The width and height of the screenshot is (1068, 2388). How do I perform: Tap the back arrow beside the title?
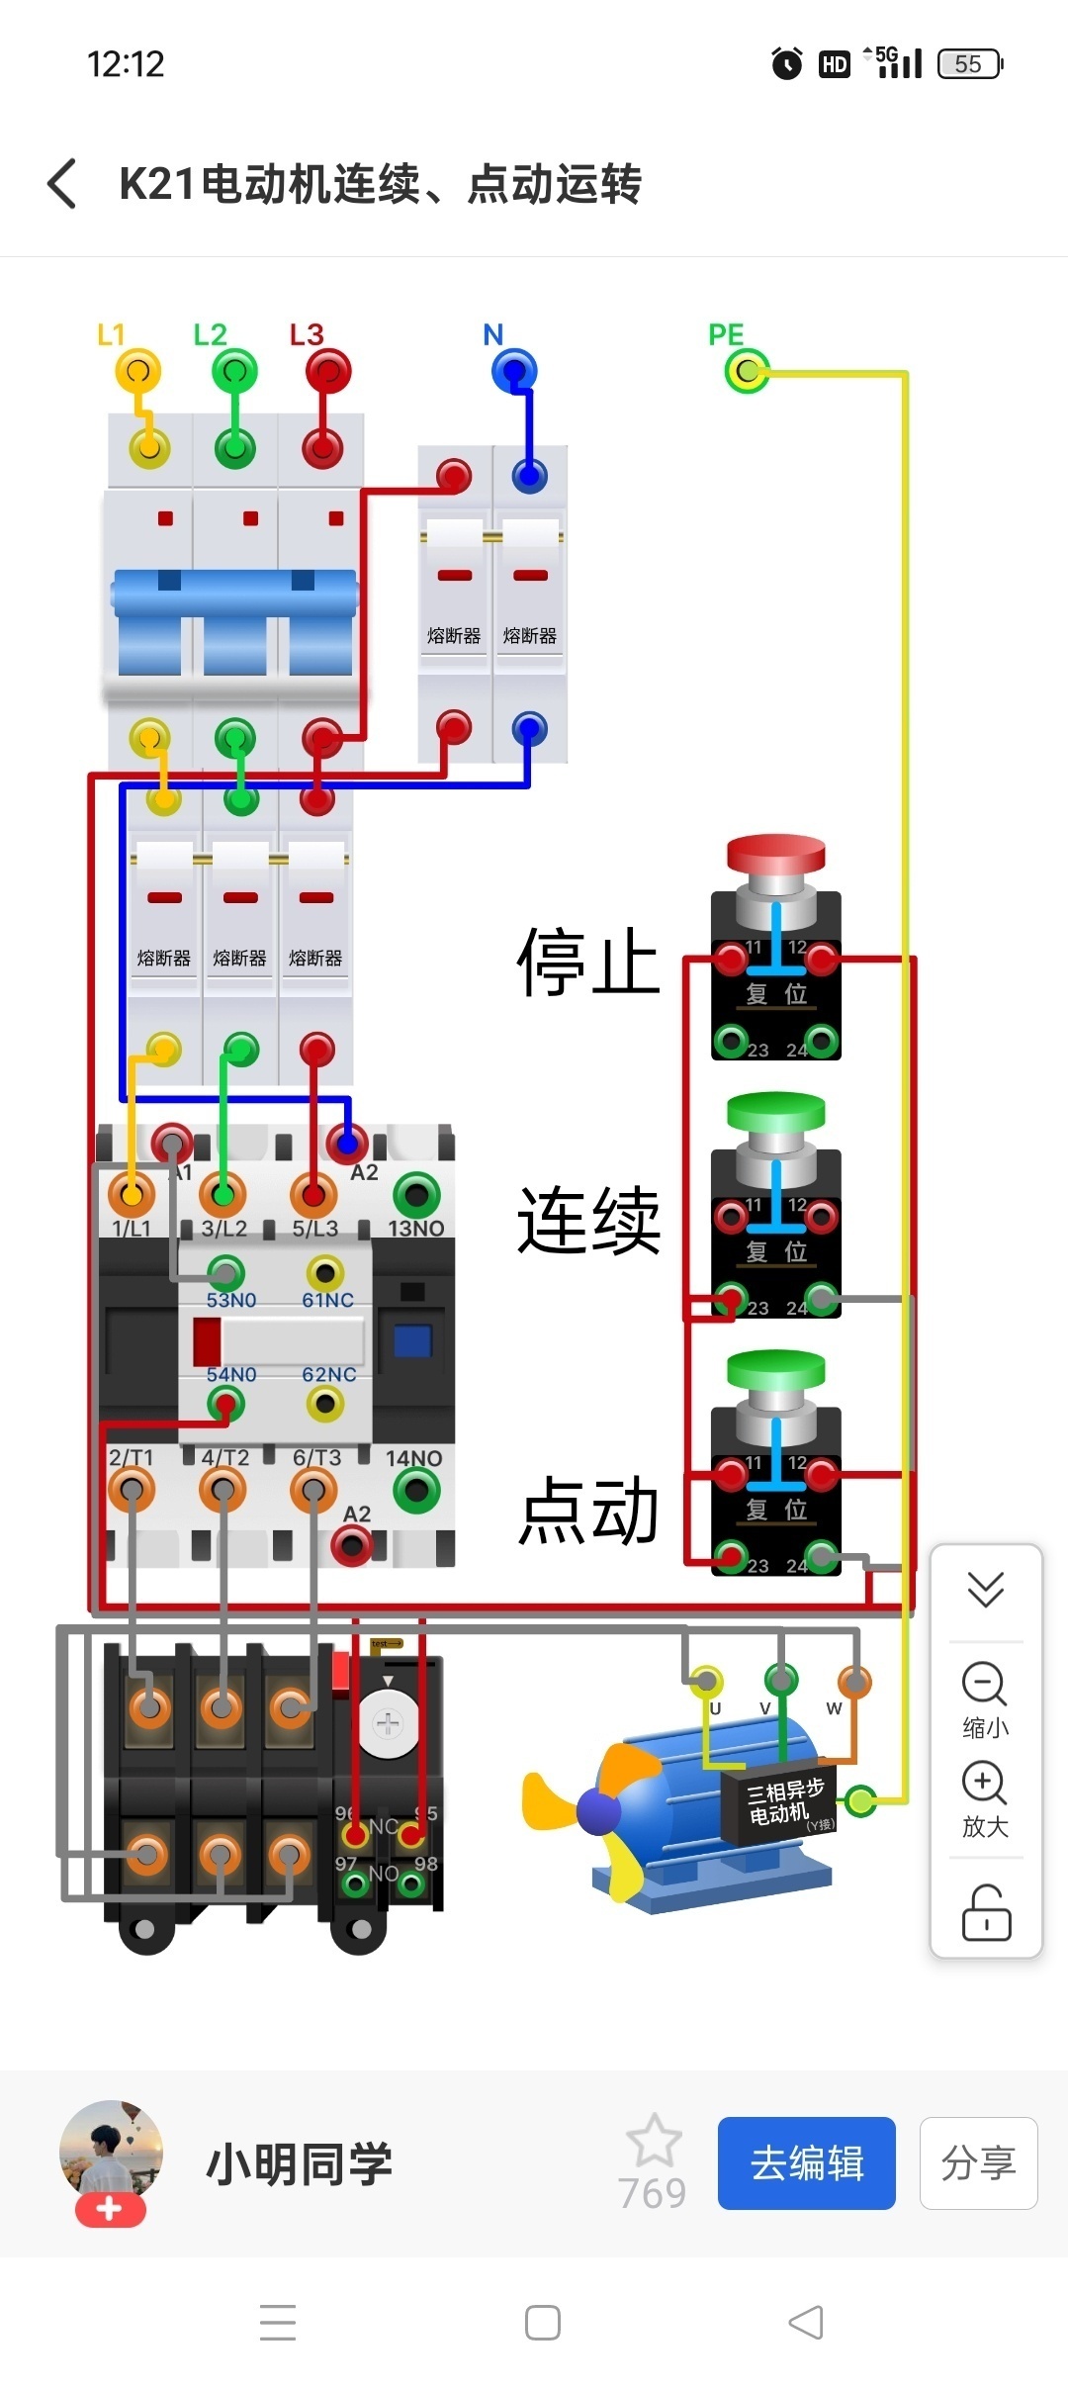[62, 184]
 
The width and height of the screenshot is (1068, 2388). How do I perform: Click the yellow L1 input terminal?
[137, 372]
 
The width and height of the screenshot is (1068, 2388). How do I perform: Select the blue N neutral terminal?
[513, 372]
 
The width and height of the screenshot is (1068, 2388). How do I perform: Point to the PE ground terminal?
[747, 372]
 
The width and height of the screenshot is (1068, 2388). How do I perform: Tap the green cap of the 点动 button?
[776, 1370]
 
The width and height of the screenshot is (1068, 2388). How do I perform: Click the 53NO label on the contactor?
[231, 1300]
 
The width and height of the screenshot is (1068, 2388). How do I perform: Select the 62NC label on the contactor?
[328, 1375]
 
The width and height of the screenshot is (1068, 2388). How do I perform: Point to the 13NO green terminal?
[416, 1195]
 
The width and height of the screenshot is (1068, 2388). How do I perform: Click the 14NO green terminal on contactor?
[416, 1491]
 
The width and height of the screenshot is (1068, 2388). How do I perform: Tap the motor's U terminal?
[706, 1681]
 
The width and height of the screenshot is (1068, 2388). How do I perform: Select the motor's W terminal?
[854, 1681]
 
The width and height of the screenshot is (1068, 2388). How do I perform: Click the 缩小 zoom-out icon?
[985, 1685]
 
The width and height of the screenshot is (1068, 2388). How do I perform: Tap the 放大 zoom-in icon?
[985, 1783]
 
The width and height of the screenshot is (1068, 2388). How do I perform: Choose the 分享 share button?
[978, 2163]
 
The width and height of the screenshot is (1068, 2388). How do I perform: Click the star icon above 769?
[654, 2141]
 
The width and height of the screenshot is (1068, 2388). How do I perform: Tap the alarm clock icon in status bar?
[787, 64]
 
